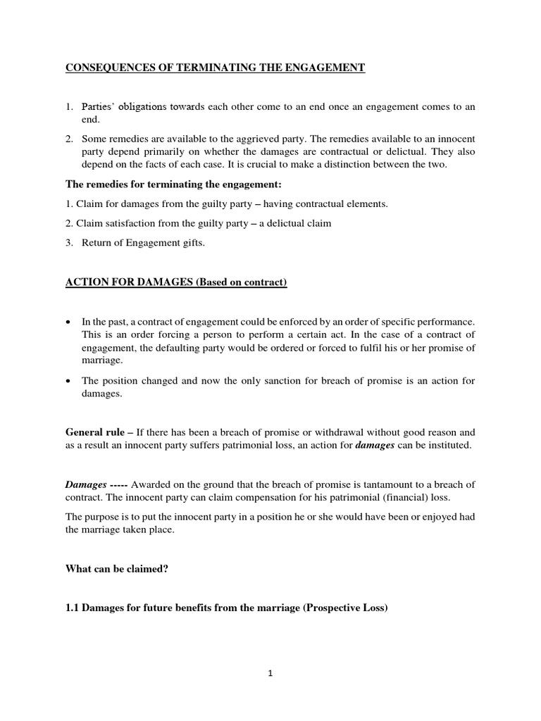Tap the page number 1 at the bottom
[x=270, y=672]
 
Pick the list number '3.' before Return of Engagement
[x=70, y=243]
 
